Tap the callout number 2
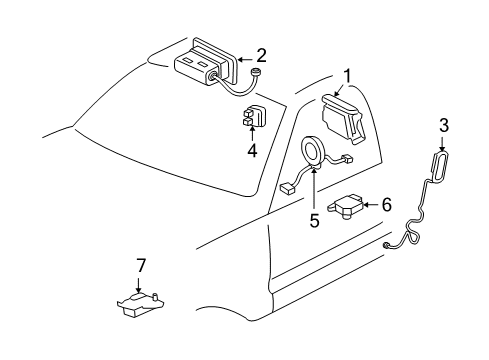tap(260, 55)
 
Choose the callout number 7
tap(141, 265)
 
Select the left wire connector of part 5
tap(288, 186)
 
